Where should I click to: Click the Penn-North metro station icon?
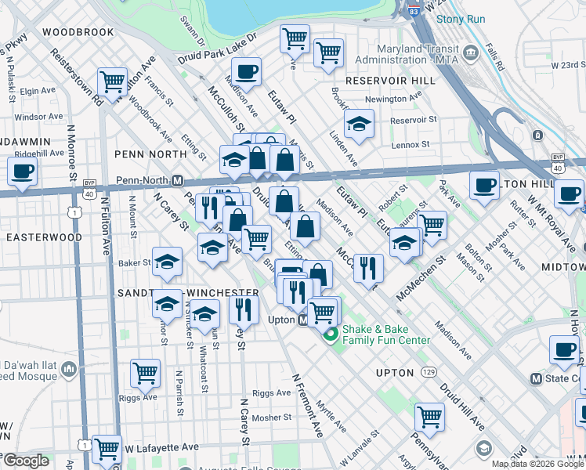pos(178,179)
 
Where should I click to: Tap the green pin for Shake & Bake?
pos(330,334)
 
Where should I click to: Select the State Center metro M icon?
pos(537,378)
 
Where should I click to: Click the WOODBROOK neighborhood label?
pos(78,32)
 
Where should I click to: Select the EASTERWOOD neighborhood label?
pos(44,237)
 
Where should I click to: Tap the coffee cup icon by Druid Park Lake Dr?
pos(247,73)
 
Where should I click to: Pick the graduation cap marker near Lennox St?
pos(359,124)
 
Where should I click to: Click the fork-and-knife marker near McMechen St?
pos(368,268)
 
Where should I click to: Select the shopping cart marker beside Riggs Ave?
pos(145,374)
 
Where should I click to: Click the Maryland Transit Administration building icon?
pos(470,53)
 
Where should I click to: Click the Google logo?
pos(26,461)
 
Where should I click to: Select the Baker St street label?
pos(134,262)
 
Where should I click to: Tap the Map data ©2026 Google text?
pos(537,464)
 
